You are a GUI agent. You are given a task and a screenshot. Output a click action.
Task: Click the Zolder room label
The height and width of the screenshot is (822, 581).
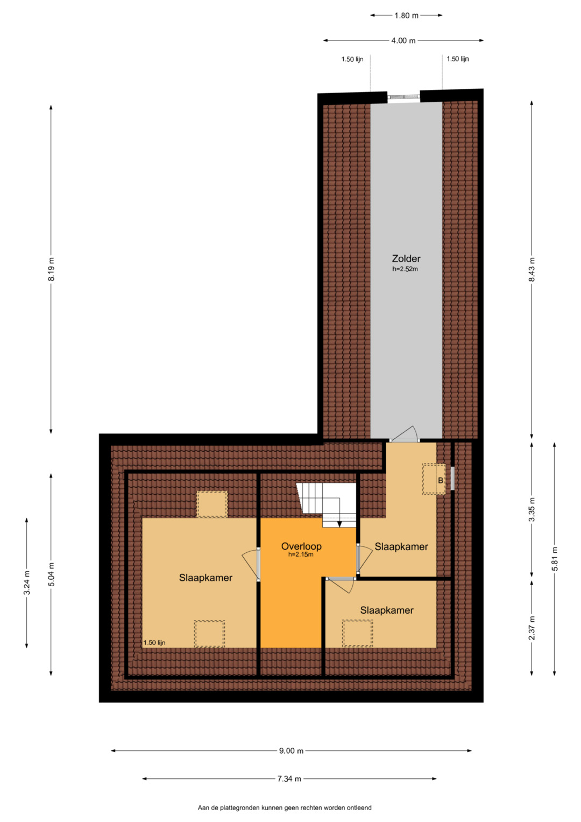click(x=406, y=258)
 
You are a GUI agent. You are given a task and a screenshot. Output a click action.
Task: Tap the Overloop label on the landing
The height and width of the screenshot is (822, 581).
click(x=301, y=546)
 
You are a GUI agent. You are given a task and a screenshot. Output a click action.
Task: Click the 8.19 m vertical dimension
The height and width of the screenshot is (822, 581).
click(x=51, y=269)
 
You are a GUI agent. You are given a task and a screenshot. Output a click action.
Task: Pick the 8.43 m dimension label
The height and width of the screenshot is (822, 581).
click(x=532, y=269)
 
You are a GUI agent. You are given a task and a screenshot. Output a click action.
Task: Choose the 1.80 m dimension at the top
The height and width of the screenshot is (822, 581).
click(x=406, y=16)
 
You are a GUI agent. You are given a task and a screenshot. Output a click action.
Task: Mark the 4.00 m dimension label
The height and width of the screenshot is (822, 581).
click(x=403, y=40)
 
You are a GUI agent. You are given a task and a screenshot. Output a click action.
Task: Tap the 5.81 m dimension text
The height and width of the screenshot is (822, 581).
click(x=555, y=559)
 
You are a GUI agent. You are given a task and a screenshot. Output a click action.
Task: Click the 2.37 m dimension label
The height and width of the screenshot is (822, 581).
click(x=532, y=628)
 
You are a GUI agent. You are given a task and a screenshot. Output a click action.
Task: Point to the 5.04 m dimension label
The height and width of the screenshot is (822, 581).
click(x=51, y=574)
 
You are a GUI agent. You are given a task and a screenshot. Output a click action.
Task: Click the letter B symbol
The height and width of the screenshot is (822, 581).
click(x=441, y=480)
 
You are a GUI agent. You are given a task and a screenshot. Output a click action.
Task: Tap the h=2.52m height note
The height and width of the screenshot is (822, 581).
click(x=405, y=269)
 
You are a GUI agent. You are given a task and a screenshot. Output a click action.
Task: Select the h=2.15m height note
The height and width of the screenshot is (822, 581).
click(x=301, y=554)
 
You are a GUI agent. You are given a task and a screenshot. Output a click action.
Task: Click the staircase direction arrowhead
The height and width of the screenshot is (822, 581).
click(x=339, y=524)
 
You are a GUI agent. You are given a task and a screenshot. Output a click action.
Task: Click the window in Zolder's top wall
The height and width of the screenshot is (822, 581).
click(x=403, y=97)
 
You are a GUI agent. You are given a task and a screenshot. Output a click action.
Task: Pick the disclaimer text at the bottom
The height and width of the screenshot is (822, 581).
click(x=285, y=807)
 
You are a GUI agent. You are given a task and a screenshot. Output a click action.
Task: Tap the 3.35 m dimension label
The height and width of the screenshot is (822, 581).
click(x=532, y=509)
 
